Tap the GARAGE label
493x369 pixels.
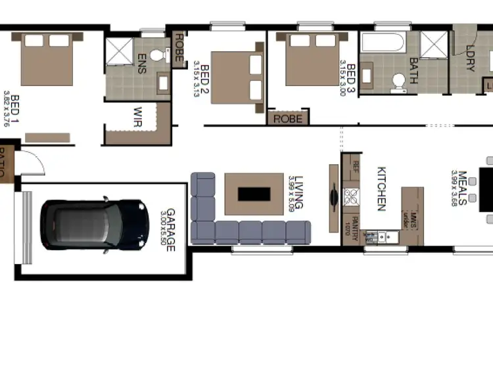(170, 230)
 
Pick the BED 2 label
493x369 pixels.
(204, 77)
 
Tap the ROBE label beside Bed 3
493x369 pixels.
(288, 119)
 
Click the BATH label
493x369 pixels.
(413, 69)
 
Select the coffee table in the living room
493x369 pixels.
(254, 194)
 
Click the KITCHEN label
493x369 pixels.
(381, 189)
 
